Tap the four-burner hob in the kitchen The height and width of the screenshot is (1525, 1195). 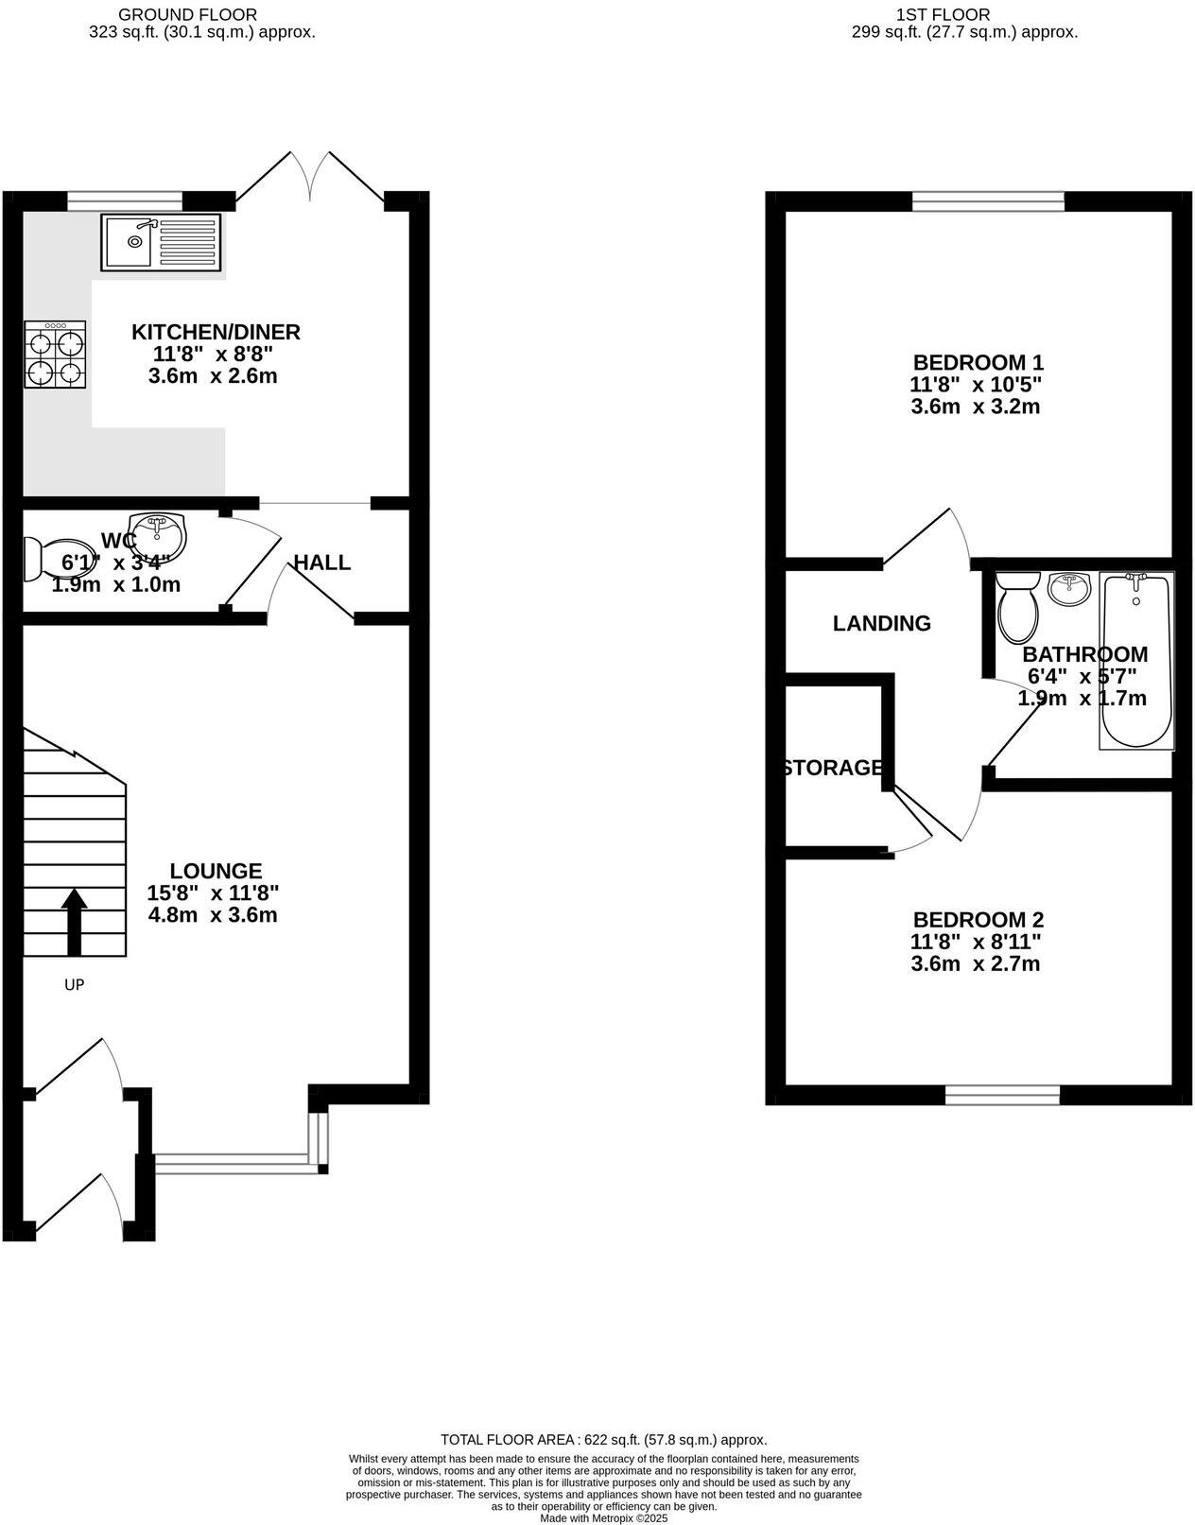coord(56,355)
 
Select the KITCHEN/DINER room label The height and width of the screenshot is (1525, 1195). coord(216,332)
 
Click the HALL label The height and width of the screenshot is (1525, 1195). coord(321,563)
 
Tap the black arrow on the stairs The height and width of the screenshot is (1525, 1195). coord(74,922)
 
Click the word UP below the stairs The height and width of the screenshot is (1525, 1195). coord(74,985)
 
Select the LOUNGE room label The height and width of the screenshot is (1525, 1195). coord(216,871)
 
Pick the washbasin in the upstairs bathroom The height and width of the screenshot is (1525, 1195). coord(1068,589)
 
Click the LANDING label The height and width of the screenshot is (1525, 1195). coord(881,623)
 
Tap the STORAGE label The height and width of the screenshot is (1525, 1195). coord(833,768)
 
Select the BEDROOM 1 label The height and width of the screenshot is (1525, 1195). coord(978,362)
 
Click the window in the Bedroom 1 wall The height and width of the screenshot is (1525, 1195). coord(988,200)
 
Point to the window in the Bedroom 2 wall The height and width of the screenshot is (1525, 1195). coord(1002,1095)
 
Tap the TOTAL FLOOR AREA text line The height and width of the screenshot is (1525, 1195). coord(604,1440)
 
